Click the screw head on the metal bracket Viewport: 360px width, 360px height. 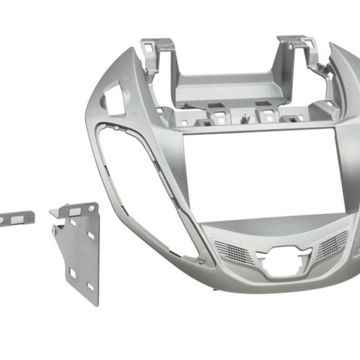pos(54,229)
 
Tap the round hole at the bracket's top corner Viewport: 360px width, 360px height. pos(91,208)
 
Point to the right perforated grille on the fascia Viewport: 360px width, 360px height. pos(331,244)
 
